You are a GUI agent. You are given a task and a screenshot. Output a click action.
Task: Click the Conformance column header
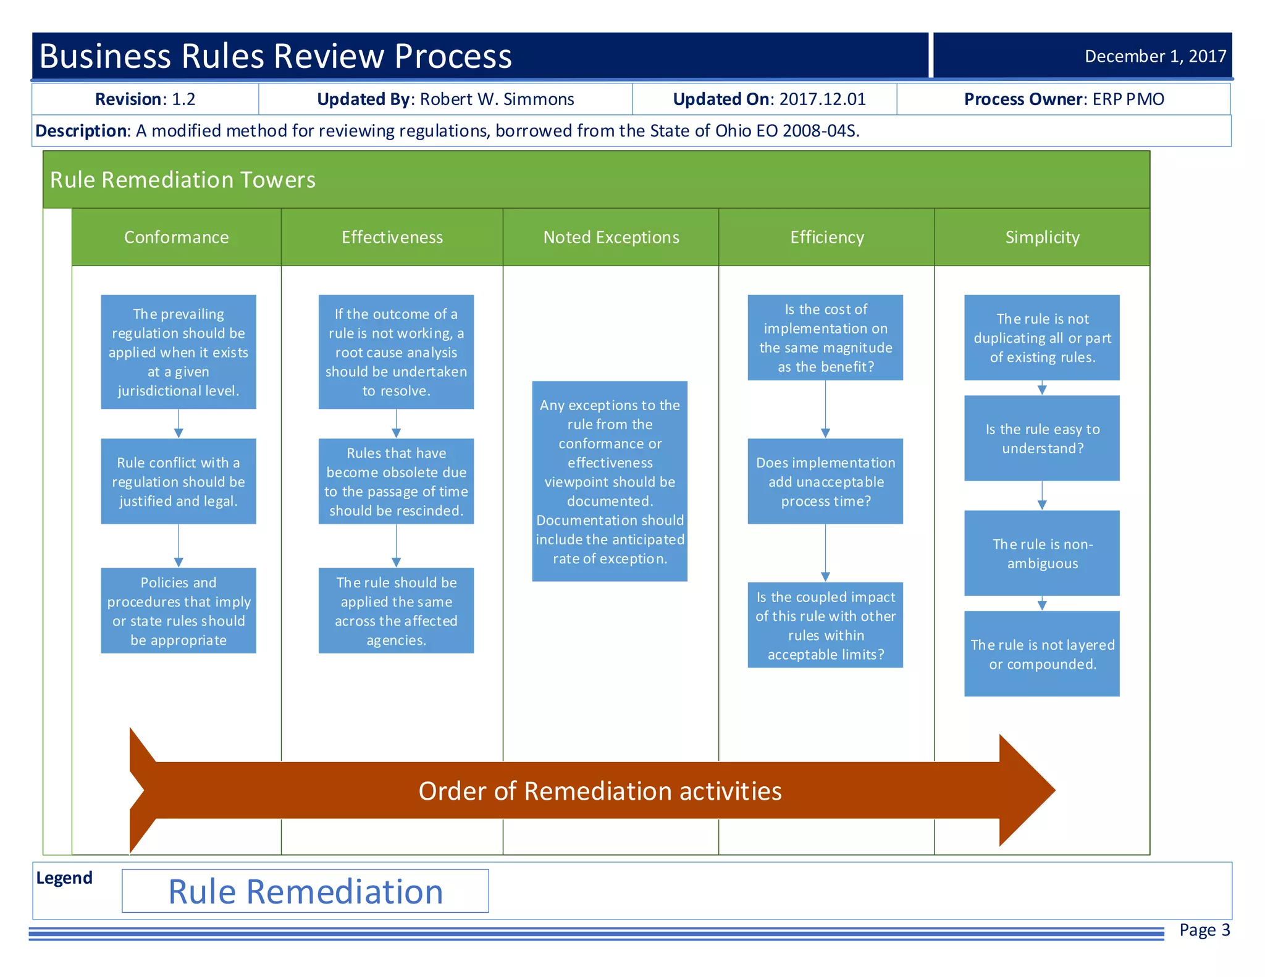click(x=176, y=237)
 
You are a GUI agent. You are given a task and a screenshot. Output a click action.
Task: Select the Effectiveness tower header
click(x=392, y=237)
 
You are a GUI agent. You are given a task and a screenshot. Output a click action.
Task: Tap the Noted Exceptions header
click(x=611, y=237)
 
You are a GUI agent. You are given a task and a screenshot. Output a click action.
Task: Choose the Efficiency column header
click(x=826, y=237)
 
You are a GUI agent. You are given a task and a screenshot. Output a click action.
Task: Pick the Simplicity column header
click(x=1042, y=237)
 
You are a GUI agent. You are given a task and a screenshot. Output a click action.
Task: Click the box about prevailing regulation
click(x=179, y=352)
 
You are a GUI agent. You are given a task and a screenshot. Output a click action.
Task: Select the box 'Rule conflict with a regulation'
click(x=179, y=481)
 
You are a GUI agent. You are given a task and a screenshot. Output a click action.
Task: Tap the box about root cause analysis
click(x=396, y=352)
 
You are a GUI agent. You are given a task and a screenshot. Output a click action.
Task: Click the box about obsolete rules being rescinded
click(x=396, y=481)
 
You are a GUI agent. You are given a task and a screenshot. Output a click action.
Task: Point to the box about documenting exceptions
click(x=610, y=481)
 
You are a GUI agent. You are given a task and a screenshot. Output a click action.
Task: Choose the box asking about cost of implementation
click(x=825, y=337)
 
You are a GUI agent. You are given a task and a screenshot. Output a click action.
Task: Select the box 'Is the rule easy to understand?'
click(x=1042, y=438)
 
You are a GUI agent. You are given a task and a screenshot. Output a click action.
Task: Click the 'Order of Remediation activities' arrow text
click(x=600, y=790)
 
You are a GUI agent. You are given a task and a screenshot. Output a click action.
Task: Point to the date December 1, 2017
click(x=1155, y=56)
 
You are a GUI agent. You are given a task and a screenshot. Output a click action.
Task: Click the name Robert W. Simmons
click(x=497, y=99)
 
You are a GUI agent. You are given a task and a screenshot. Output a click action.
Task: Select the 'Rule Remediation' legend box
click(x=305, y=891)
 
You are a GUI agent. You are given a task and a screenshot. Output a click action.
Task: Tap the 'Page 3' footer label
click(x=1204, y=929)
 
